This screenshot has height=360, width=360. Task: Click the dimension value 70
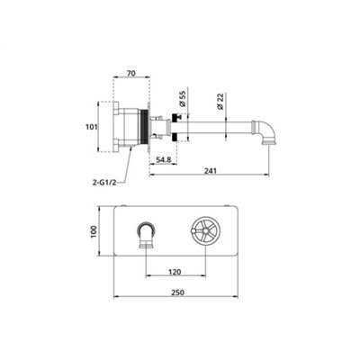coord(131,73)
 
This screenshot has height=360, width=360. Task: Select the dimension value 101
coord(92,127)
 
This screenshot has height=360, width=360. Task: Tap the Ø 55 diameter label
coord(183,98)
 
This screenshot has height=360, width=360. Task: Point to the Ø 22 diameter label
coord(220,101)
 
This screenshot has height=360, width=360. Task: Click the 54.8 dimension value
coord(163,159)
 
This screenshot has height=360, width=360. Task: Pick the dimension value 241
coord(210,171)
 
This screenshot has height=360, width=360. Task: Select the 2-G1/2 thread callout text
coord(104,183)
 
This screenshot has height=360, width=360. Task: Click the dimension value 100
coord(94,231)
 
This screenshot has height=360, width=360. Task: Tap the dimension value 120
coord(175,272)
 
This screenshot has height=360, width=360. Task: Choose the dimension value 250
coord(177,292)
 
